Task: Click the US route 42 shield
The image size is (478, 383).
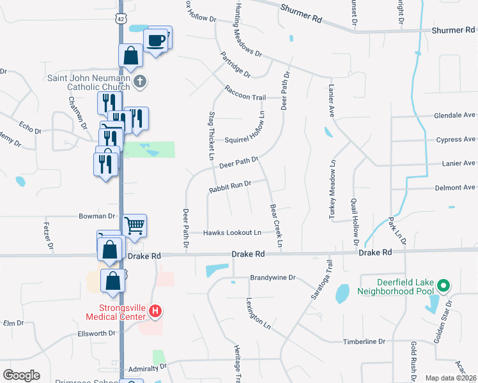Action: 121,19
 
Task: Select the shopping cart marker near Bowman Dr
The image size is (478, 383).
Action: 134,225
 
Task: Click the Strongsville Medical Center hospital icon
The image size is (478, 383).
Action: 154,312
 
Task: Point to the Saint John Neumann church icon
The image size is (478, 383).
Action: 141,81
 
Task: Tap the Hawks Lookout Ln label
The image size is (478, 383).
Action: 233,233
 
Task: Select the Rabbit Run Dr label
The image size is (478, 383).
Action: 228,187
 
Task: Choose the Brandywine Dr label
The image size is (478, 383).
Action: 273,278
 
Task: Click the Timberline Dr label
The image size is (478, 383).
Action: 364,342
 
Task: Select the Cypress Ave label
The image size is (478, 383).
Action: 455,139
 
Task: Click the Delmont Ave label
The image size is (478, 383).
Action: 455,188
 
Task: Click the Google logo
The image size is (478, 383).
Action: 21,375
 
